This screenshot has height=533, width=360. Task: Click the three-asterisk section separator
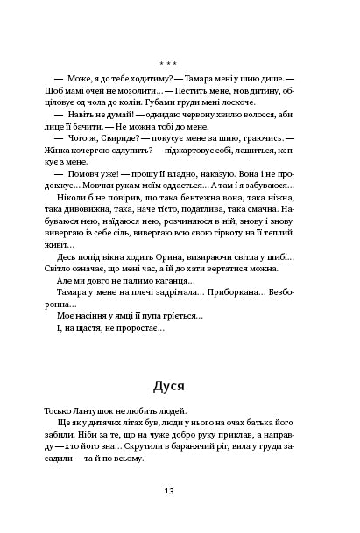(x=180, y=64)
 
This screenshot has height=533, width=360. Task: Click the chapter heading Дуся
(x=180, y=386)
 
